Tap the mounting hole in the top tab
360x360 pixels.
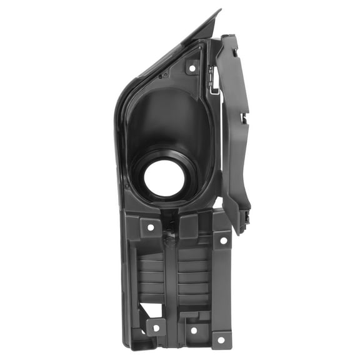pos(192,67)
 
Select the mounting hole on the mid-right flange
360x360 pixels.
pos(222,240)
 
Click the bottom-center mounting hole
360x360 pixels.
pos(193,329)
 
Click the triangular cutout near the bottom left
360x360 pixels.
pos(144,311)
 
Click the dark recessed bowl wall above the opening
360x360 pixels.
pos(166,119)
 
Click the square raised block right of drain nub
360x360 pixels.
pos(188,226)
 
